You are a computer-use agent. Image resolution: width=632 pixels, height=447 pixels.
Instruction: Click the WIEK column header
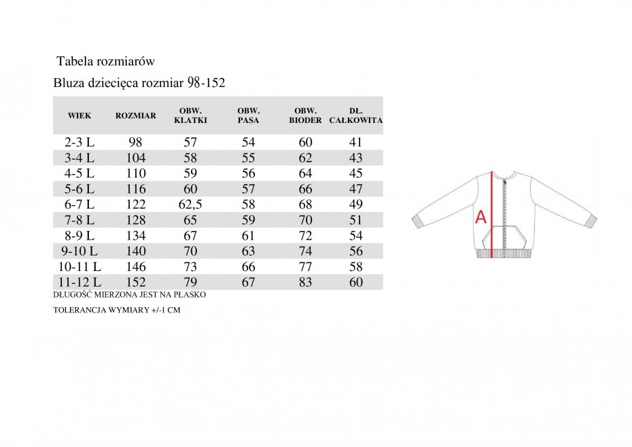click(x=80, y=115)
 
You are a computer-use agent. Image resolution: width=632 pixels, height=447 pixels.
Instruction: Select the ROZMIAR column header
click(x=136, y=115)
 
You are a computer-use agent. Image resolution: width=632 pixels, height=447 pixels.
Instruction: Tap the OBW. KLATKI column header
click(x=190, y=115)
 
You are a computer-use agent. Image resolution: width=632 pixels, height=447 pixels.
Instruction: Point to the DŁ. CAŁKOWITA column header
click(x=356, y=115)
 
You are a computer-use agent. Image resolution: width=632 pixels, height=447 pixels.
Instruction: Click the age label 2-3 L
click(x=80, y=142)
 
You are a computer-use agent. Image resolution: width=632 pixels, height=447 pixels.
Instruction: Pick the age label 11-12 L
click(x=80, y=282)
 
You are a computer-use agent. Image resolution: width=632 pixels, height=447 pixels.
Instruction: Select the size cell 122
click(x=136, y=204)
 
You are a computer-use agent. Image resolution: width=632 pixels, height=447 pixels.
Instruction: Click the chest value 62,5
click(x=190, y=204)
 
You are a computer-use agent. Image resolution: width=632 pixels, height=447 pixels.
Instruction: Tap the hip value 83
click(x=306, y=282)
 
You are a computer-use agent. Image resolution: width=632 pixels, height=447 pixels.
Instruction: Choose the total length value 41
click(x=356, y=142)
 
